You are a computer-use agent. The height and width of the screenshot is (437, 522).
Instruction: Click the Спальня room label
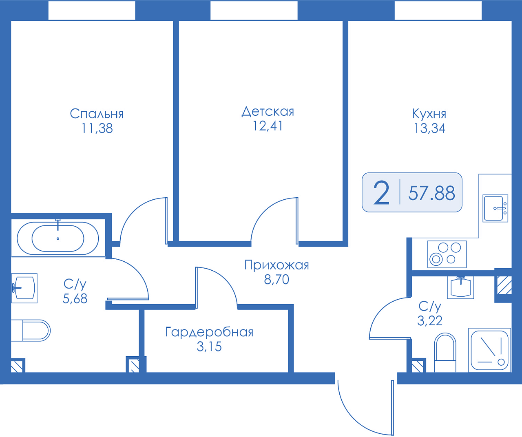(x=97, y=114)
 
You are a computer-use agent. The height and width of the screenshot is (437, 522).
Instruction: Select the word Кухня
(x=429, y=114)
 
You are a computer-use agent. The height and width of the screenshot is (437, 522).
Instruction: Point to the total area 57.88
(x=432, y=193)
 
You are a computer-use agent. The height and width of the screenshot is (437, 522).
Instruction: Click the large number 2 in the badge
(x=381, y=193)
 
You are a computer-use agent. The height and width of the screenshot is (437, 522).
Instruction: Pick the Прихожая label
(x=277, y=265)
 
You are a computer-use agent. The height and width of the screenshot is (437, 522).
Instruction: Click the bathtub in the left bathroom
(x=58, y=238)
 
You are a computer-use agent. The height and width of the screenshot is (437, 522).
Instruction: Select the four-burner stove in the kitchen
(x=447, y=254)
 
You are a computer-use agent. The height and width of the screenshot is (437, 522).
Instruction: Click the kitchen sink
(x=495, y=208)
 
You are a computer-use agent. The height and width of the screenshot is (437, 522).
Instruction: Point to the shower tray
(x=489, y=350)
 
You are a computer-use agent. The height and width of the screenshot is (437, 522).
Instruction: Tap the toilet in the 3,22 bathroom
(x=445, y=353)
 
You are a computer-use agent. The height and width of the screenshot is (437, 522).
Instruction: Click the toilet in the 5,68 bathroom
(x=31, y=330)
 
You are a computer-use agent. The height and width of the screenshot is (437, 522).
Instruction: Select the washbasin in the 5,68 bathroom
(x=24, y=288)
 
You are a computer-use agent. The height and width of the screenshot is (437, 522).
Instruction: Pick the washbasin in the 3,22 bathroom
(x=461, y=287)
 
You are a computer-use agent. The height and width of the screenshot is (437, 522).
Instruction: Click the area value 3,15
(x=209, y=347)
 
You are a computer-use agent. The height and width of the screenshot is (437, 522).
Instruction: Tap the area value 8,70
(x=277, y=280)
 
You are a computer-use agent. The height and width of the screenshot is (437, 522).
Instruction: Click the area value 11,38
(x=97, y=128)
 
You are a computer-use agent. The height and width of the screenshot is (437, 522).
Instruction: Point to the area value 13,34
(x=430, y=128)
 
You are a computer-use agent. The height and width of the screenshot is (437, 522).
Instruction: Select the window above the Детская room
(x=254, y=11)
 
